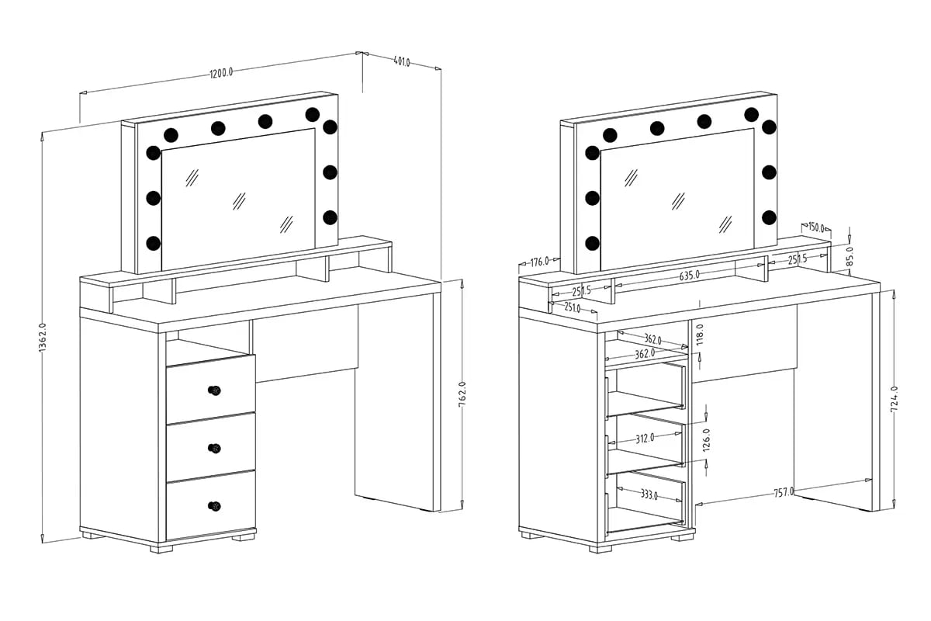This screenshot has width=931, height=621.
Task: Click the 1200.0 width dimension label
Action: pyautogui.click(x=221, y=73)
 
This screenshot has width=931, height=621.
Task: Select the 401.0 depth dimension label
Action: pyautogui.click(x=402, y=62)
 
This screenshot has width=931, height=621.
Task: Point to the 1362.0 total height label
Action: pyautogui.click(x=43, y=338)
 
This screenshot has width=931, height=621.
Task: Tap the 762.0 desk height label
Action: pyautogui.click(x=462, y=394)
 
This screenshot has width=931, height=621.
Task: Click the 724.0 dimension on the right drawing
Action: pyautogui.click(x=895, y=399)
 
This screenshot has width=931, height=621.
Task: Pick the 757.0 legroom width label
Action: pyautogui.click(x=783, y=492)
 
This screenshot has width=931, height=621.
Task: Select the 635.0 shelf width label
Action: pyautogui.click(x=689, y=276)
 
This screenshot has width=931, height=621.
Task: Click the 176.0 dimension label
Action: pyautogui.click(x=539, y=262)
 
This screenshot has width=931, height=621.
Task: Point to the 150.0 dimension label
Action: pyautogui.click(x=816, y=227)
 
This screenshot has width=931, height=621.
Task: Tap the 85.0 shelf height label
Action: pyautogui.click(x=850, y=256)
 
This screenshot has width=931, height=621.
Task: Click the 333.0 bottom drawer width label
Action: pyautogui.click(x=649, y=494)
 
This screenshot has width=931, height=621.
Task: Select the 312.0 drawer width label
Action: pyautogui.click(x=645, y=438)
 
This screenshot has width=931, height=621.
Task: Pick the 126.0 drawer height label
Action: pyautogui.click(x=707, y=439)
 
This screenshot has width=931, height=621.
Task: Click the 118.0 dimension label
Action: pyautogui.click(x=700, y=335)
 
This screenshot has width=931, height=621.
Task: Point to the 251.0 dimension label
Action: pyautogui.click(x=573, y=307)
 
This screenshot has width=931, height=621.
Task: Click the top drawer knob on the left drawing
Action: pyautogui.click(x=214, y=390)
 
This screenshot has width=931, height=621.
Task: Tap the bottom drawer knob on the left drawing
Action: pyautogui.click(x=214, y=506)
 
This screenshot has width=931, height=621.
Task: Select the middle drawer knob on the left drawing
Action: pyautogui.click(x=214, y=448)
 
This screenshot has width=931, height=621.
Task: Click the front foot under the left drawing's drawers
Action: pyautogui.click(x=161, y=549)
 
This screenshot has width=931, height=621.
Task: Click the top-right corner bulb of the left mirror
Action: pyautogui.click(x=312, y=114)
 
